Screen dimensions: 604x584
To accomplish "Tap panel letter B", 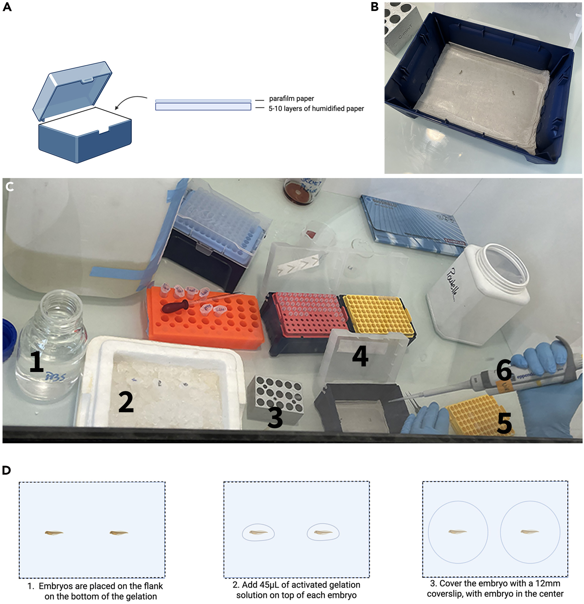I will click(374, 7).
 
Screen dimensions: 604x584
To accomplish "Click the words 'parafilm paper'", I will click(291, 99).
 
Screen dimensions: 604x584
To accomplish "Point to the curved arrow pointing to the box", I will click(131, 102).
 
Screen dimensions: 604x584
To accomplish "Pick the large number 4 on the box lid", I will click(360, 356).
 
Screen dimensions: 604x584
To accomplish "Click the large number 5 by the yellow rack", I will click(504, 424).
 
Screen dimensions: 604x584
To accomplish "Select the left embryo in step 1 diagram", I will click(54, 532).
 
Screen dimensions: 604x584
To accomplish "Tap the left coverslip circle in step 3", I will click(458, 532).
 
